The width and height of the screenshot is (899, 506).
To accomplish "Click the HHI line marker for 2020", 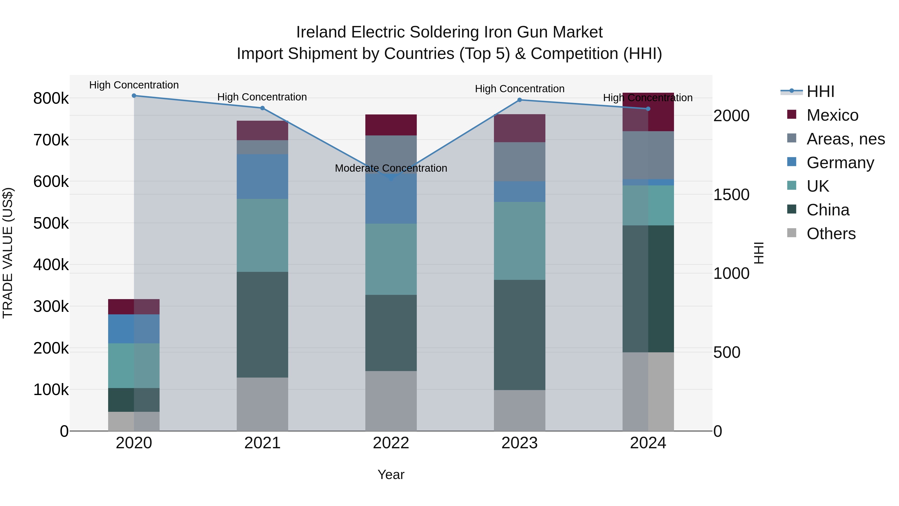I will (x=134, y=96).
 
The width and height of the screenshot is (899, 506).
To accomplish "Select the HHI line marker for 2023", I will (x=519, y=100).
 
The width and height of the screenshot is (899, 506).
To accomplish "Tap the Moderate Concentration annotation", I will (x=391, y=168).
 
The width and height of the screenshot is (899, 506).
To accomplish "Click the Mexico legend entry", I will (x=832, y=115).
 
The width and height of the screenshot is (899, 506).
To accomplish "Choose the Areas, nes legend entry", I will (x=846, y=139).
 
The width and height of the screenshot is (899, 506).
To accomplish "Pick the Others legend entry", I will (x=831, y=234).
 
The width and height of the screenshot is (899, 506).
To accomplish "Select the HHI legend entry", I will (x=820, y=91).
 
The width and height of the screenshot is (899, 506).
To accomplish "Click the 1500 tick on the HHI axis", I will (x=731, y=195).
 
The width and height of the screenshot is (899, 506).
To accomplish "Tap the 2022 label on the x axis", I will (x=391, y=443).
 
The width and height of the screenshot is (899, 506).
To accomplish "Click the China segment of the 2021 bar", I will (x=262, y=325).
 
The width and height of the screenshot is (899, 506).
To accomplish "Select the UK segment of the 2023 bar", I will (x=519, y=241).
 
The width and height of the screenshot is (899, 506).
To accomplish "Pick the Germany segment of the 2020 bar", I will (x=134, y=329).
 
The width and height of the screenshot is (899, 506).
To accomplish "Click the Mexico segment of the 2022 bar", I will (x=391, y=125).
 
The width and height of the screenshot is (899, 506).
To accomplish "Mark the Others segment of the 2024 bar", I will (x=648, y=392).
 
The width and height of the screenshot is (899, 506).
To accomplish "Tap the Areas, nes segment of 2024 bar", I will (x=648, y=155).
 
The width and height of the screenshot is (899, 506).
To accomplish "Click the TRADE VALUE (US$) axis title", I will (x=8, y=253).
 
